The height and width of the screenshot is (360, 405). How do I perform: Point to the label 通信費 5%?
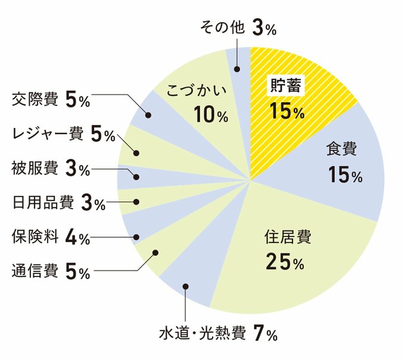point(51,272)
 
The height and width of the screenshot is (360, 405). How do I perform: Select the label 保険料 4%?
point(51,237)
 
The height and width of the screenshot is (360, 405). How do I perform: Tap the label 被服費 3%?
point(51,169)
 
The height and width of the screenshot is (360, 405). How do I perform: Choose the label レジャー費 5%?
point(63,134)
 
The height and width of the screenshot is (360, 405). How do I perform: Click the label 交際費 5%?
point(51,100)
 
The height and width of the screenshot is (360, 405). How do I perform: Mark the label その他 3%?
point(235,27)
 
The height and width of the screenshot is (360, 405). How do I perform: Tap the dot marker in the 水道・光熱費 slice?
point(186,287)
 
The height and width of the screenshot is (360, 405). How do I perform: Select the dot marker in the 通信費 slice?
point(155,253)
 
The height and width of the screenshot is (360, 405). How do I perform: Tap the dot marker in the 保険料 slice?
point(137,237)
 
